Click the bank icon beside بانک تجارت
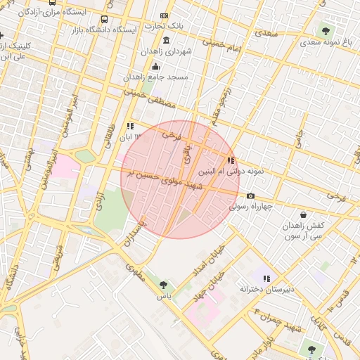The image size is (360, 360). coord(164,15)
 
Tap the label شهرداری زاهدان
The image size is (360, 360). coord(164,52)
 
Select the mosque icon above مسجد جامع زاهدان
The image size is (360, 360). coord(155,67)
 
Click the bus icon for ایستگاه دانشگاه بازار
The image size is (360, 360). coord(105,20)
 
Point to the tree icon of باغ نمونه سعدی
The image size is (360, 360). coord(325,30)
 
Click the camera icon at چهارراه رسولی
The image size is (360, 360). coord(250,196)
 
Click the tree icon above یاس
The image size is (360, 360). coord(163,285)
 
